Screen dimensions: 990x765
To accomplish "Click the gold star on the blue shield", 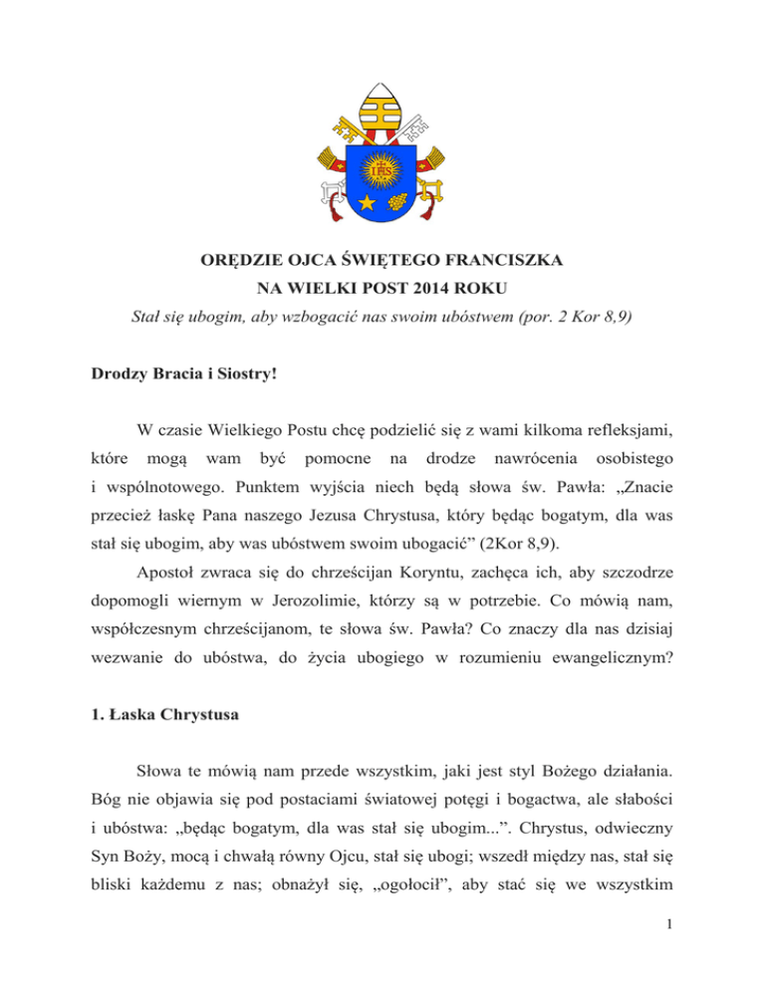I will tap(366, 203).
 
